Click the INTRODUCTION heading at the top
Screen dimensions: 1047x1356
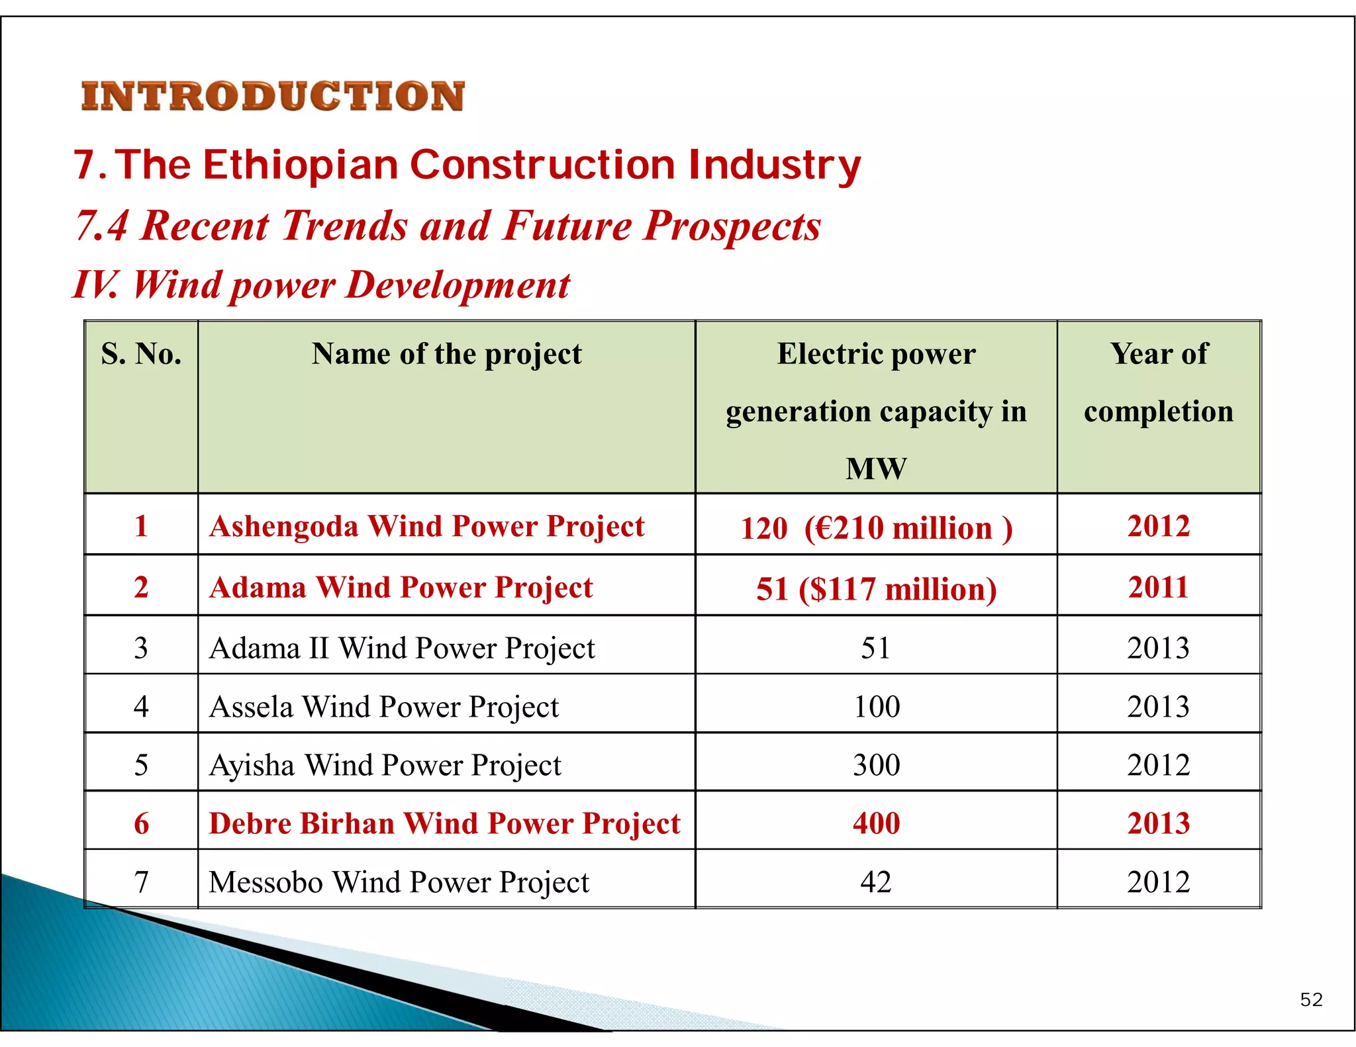tap(273, 97)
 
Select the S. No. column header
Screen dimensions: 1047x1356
tap(141, 354)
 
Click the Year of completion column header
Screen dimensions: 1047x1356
tap(1158, 382)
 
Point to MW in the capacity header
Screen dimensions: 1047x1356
tap(875, 469)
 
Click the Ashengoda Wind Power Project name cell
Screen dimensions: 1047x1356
tap(426, 527)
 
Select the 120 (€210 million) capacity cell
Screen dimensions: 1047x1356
tap(875, 528)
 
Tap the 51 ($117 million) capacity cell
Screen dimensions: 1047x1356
tap(875, 589)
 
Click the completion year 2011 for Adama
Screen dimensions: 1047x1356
tap(1158, 587)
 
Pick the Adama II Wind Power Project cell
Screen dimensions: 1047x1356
tap(402, 648)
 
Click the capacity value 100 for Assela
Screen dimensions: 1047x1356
tap(876, 707)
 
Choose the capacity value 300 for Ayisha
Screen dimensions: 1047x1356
tap(876, 765)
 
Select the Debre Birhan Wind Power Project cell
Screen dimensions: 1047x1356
tap(444, 824)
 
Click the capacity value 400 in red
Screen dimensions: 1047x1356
tap(876, 824)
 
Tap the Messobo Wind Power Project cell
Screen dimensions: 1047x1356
tap(399, 882)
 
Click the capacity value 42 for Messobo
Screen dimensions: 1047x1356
tap(875, 882)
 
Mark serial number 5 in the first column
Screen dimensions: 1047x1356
tap(141, 765)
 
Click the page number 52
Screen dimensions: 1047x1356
tap(1311, 999)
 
